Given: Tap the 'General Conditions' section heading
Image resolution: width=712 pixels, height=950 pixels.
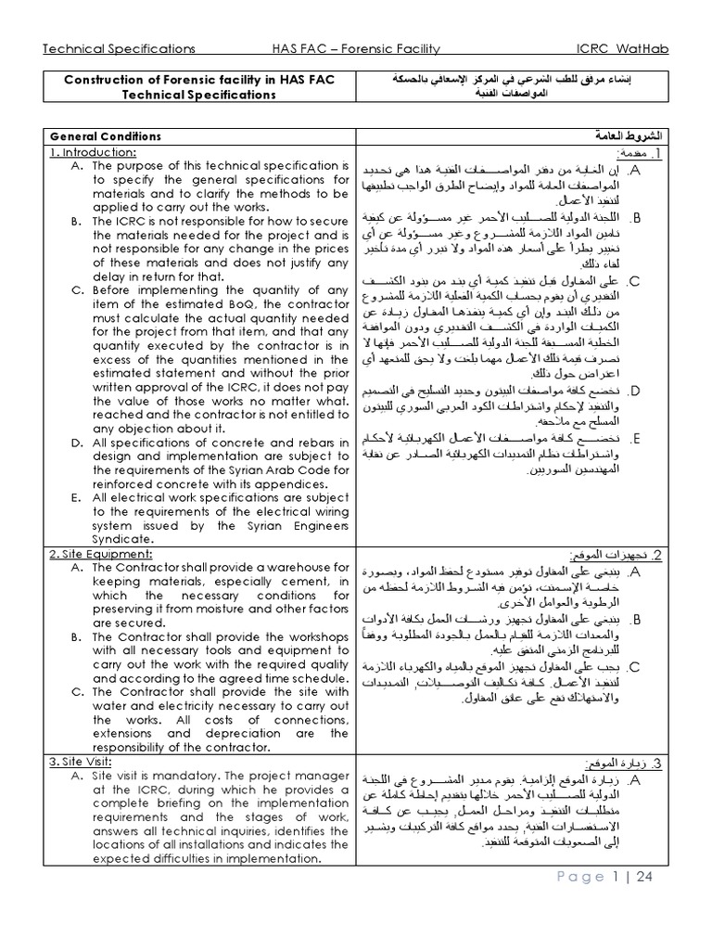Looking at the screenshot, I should (x=105, y=136).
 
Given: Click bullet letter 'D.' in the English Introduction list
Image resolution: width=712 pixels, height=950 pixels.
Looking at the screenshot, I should (x=76, y=443).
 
